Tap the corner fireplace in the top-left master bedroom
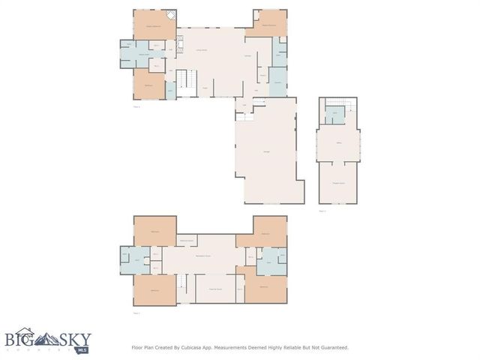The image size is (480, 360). click(172, 15)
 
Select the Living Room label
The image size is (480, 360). click(202, 49)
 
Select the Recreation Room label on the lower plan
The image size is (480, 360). click(202, 256)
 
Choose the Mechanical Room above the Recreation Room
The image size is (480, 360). click(187, 241)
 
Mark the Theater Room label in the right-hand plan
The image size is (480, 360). click(339, 183)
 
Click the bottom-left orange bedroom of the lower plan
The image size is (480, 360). click(155, 289)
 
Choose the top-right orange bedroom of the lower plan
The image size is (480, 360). click(265, 233)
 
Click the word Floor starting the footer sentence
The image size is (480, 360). click(138, 347)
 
